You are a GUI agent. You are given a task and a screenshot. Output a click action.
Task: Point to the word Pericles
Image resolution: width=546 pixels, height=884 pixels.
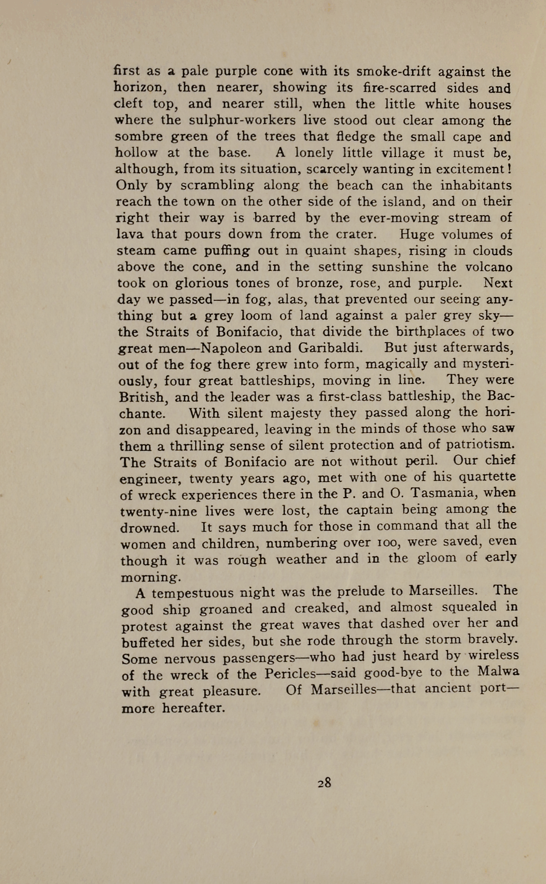(x=290, y=674)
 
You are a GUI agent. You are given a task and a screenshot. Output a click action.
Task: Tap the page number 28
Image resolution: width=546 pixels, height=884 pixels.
(x=324, y=783)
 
